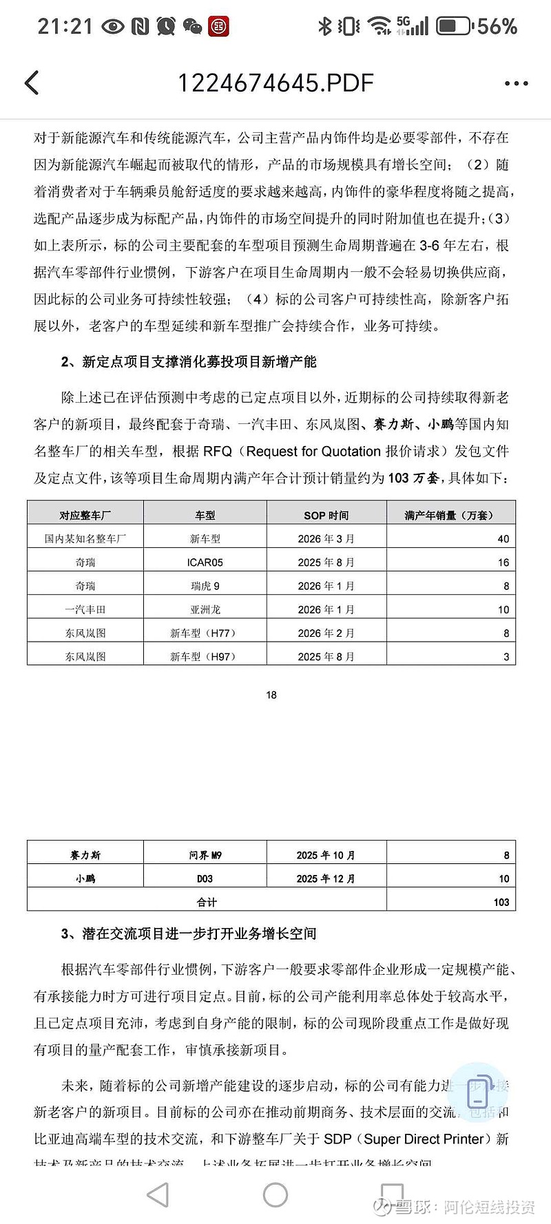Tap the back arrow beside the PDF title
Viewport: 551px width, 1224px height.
[x=32, y=83]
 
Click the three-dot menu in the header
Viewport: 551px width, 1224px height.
[x=516, y=84]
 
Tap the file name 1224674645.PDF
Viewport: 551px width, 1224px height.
[x=275, y=83]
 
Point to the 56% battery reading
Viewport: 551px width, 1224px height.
[x=497, y=27]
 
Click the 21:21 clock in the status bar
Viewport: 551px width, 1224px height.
[x=65, y=27]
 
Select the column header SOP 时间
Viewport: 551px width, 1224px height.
[x=326, y=515]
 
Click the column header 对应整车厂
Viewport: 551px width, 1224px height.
[x=85, y=515]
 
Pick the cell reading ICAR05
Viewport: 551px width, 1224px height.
[x=205, y=562]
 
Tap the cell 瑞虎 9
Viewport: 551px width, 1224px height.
[x=205, y=586]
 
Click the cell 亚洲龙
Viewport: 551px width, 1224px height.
[x=205, y=609]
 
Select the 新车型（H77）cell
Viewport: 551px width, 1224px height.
[x=205, y=633]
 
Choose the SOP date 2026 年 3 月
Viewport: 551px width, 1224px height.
[x=326, y=539]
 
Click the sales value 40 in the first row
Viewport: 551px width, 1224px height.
[x=503, y=539]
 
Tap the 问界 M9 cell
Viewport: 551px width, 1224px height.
[x=205, y=855]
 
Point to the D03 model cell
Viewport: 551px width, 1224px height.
[x=205, y=878]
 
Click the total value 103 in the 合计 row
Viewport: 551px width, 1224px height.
[x=501, y=902]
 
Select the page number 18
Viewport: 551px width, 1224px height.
[x=271, y=695]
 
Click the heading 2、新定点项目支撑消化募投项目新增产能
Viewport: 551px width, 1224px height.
[x=189, y=361]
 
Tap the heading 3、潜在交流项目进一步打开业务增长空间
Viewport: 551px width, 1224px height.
[x=189, y=933]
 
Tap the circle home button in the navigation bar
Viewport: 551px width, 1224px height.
[x=275, y=1194]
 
